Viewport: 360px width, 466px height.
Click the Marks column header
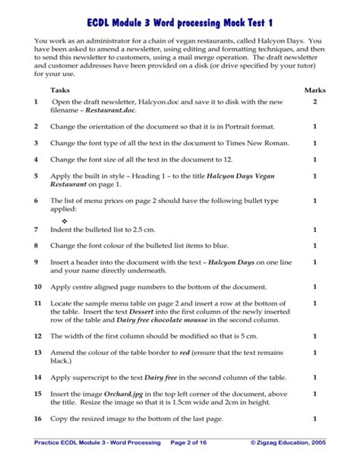click(x=314, y=90)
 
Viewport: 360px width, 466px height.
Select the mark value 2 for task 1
click(x=314, y=102)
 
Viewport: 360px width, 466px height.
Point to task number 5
click(x=36, y=175)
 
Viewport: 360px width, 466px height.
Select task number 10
click(x=37, y=287)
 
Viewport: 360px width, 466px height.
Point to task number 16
click(x=37, y=419)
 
